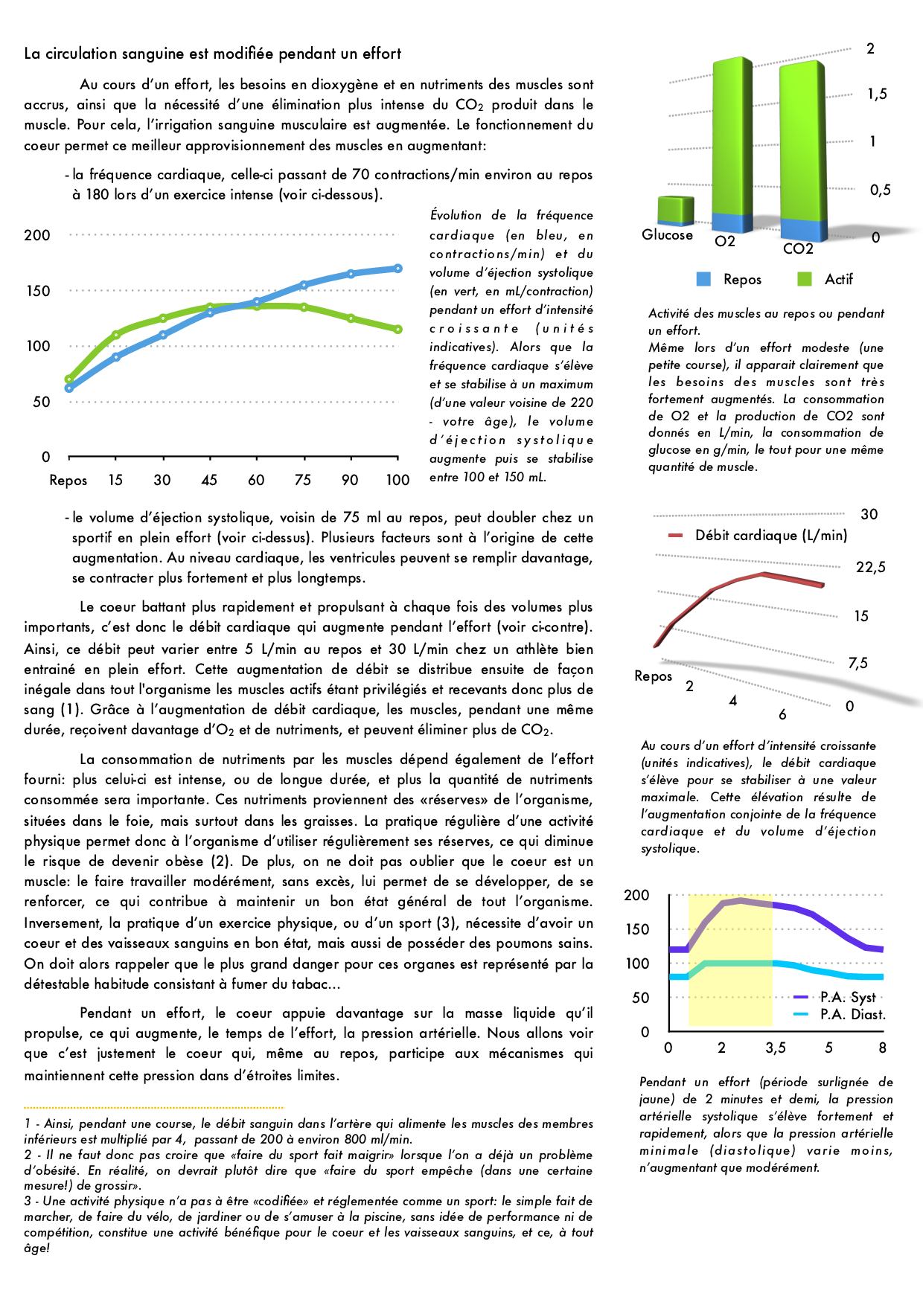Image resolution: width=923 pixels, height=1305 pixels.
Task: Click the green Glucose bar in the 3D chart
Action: coord(676,211)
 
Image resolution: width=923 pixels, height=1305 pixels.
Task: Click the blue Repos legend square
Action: coord(704,280)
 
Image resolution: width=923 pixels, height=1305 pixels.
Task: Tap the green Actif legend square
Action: coord(805,280)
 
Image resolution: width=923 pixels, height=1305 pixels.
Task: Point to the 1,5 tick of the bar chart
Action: coord(878,95)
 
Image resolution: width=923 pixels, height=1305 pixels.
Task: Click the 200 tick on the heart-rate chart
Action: coord(37,235)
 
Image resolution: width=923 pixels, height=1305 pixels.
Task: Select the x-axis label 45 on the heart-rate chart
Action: coord(209,480)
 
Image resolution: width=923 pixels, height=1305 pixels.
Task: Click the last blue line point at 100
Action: coord(398,269)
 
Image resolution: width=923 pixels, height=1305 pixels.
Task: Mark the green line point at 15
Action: coord(115,335)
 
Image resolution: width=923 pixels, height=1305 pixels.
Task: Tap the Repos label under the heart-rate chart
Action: coord(68,480)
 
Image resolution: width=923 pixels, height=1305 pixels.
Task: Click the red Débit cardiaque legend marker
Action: coord(676,536)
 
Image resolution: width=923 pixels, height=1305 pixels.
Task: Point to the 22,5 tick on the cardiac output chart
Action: coord(871,568)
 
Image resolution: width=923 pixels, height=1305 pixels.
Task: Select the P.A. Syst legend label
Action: coord(848,998)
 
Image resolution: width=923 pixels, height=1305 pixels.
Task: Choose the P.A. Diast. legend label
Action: coord(852,1014)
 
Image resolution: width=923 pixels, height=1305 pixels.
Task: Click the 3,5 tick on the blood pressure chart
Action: coord(775,1048)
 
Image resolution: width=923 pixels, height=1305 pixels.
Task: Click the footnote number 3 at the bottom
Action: coord(27,1202)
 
